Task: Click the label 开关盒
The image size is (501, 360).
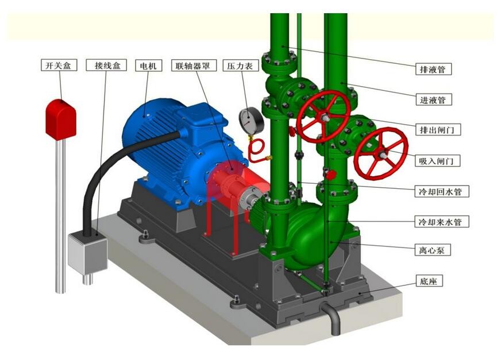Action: (59, 65)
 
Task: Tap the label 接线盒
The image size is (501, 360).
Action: (106, 65)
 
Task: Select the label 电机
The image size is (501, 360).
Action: (148, 65)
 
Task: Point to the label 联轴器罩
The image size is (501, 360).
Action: (194, 65)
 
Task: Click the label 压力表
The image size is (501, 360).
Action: (240, 65)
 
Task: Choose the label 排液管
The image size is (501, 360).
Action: (433, 69)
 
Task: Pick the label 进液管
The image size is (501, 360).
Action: (433, 100)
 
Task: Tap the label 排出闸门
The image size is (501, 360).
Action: (438, 129)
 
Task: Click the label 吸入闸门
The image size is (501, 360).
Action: (438, 160)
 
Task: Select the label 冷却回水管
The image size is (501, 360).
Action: (442, 191)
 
